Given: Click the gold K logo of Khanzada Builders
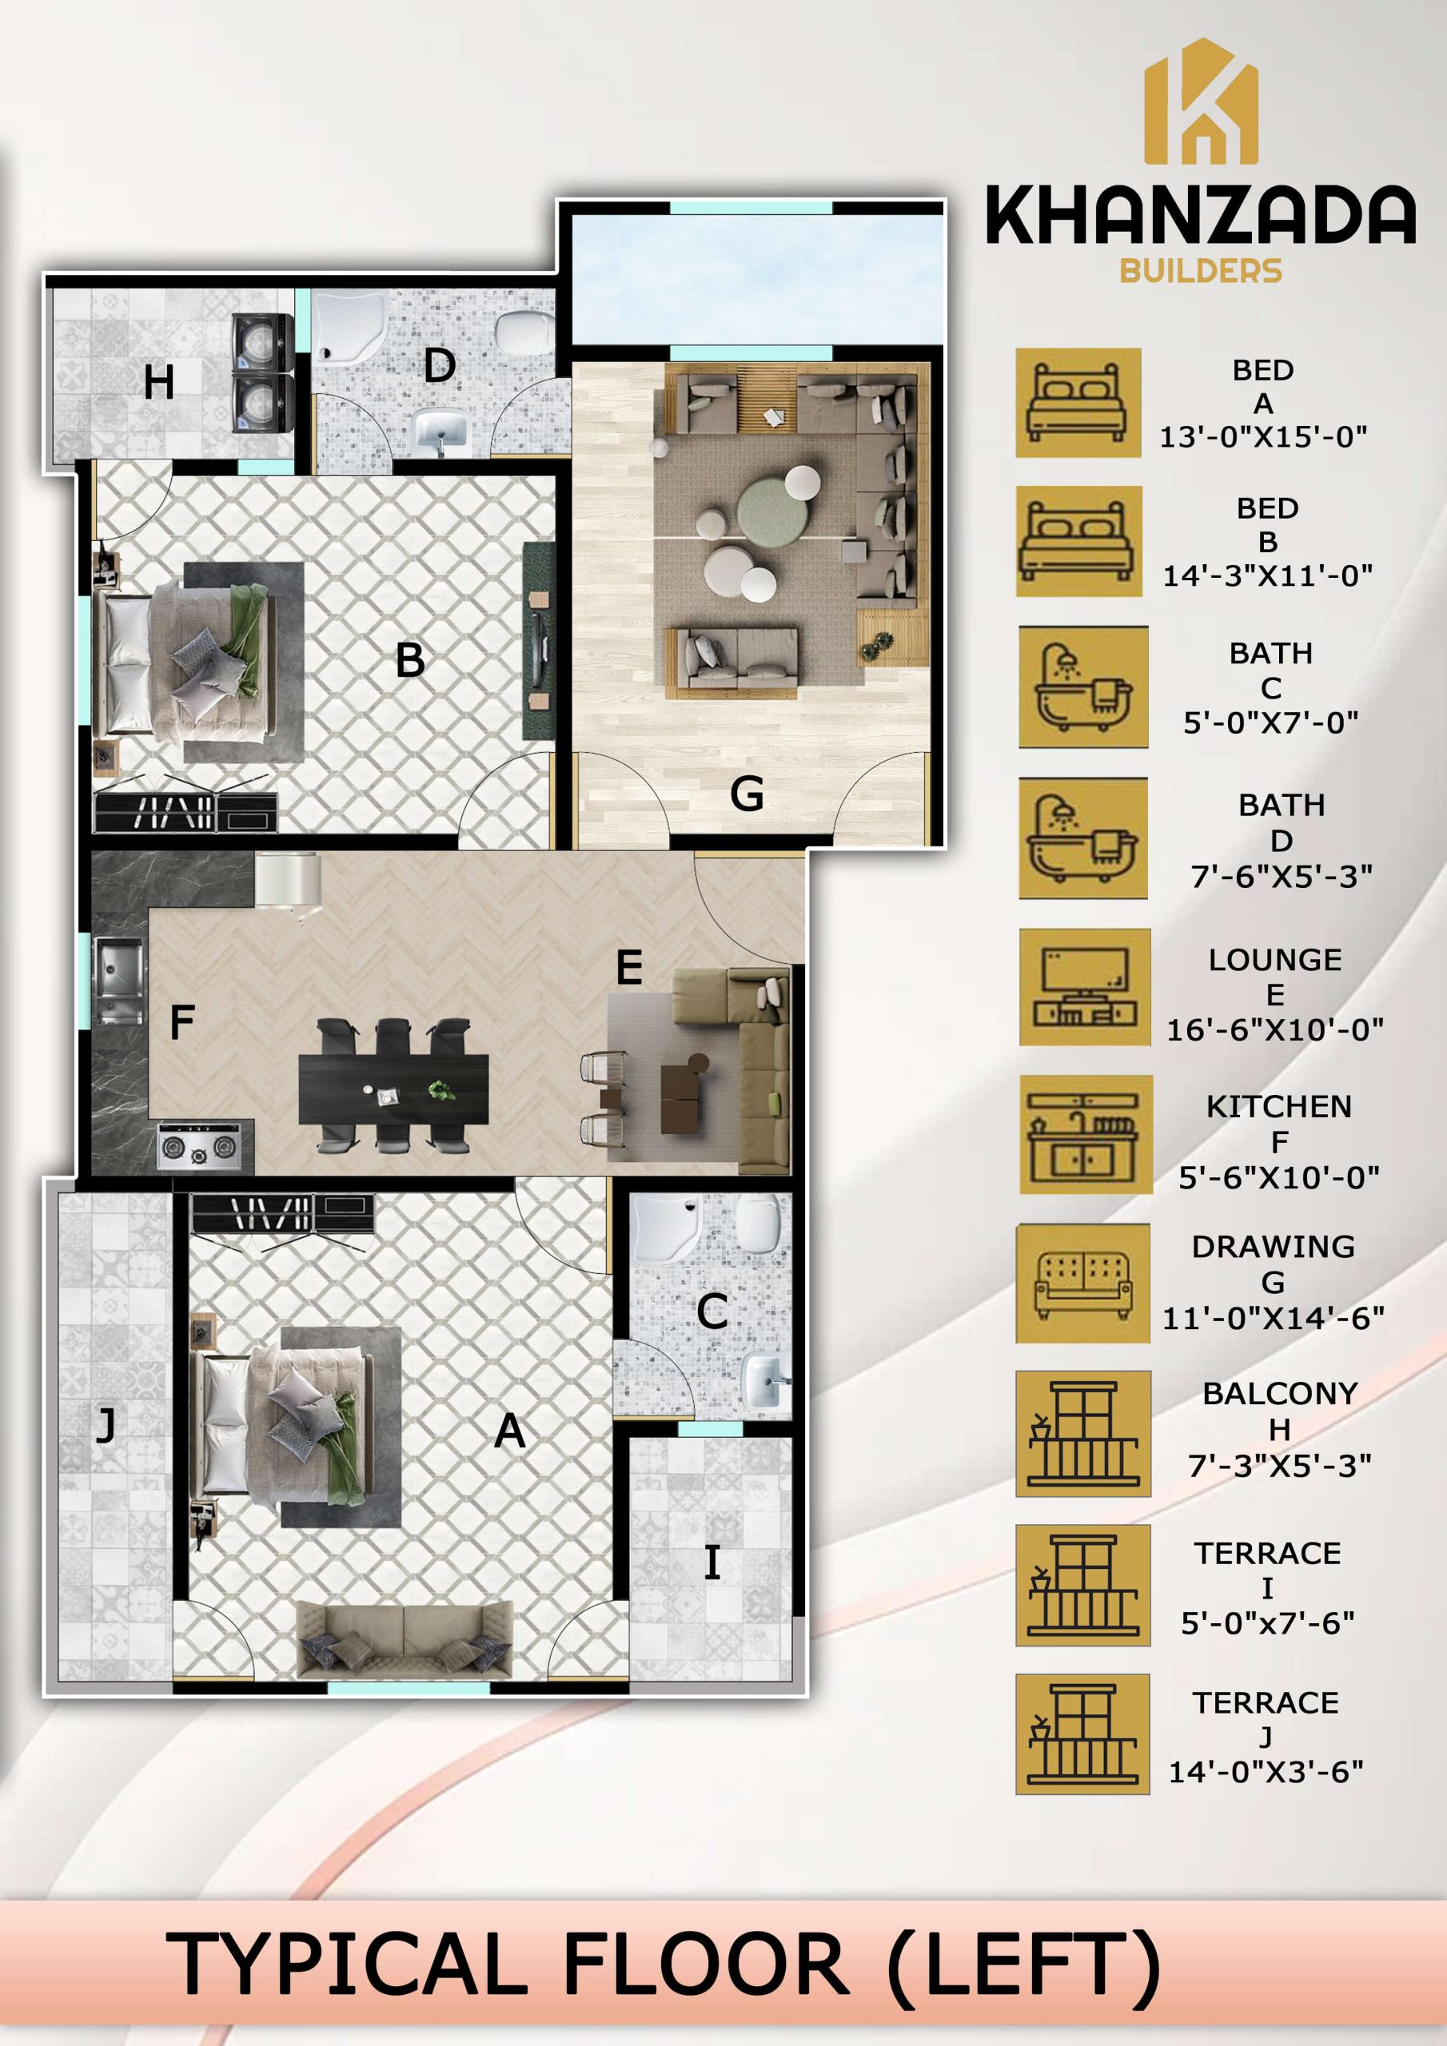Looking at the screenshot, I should click(x=1201, y=102).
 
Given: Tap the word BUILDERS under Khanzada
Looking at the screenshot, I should click(x=1201, y=270).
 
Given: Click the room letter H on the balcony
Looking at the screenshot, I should click(x=159, y=383).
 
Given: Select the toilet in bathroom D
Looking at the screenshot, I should click(x=524, y=331).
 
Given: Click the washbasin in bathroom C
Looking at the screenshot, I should click(x=764, y=1380).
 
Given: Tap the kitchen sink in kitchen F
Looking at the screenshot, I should click(x=118, y=979).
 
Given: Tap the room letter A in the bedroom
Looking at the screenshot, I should click(x=509, y=1431).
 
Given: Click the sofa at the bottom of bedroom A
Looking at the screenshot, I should click(x=404, y=1640).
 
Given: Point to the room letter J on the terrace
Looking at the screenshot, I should click(x=106, y=1424).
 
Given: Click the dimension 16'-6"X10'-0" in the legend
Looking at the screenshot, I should click(x=1275, y=1030).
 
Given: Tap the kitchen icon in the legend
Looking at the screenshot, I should click(x=1085, y=1133).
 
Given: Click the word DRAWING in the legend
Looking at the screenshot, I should click(x=1274, y=1247).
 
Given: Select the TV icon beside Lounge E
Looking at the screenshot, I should click(x=1084, y=986).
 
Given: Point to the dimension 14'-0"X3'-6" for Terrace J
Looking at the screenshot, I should click(x=1266, y=1772).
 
